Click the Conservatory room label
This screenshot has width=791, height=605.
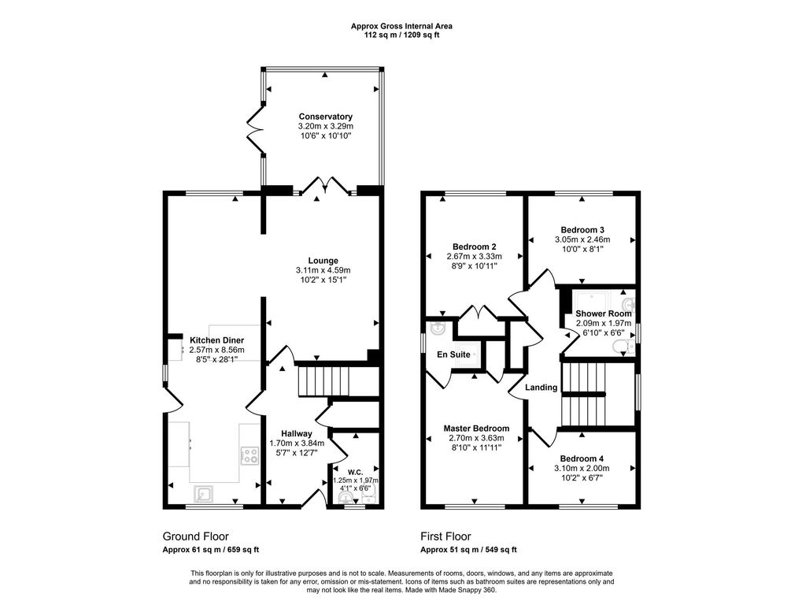[x=325, y=117]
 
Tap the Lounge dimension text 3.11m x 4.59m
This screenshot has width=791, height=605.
[x=323, y=270]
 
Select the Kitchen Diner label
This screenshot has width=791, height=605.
[x=217, y=340]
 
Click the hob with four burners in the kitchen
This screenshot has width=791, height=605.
[x=250, y=456]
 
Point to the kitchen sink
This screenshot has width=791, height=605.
[x=204, y=494]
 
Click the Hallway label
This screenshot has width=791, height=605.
[x=297, y=434]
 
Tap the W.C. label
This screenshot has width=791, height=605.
[x=355, y=472]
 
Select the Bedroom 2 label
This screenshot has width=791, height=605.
[x=474, y=247]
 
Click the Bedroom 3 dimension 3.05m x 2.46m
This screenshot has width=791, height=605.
[x=582, y=239]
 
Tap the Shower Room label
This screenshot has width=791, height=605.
[x=604, y=314]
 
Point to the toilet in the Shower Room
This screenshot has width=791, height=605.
[x=623, y=347]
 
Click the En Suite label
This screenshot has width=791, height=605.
[x=453, y=354]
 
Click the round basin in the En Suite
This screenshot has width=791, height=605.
[x=435, y=328]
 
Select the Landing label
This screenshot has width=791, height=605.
[x=542, y=388]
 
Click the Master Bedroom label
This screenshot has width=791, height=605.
[x=476, y=429]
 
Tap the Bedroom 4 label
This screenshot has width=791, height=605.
[x=582, y=458]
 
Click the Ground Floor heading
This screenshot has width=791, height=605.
[x=196, y=536]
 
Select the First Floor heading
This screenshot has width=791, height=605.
[x=446, y=536]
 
